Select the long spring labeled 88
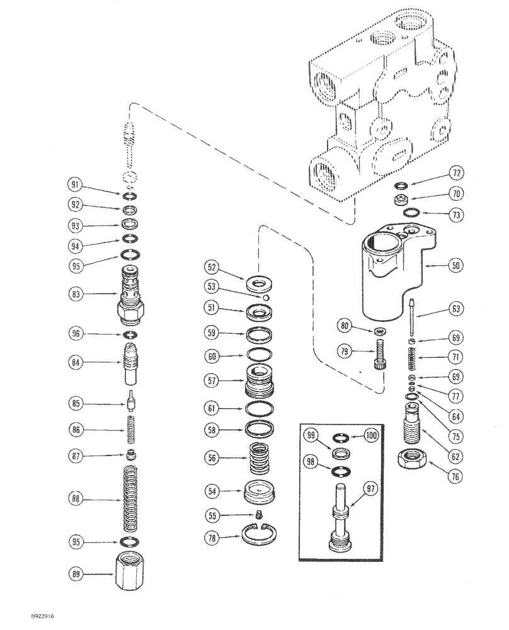(x=131, y=498)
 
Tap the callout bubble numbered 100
(x=371, y=436)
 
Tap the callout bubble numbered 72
(x=456, y=173)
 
